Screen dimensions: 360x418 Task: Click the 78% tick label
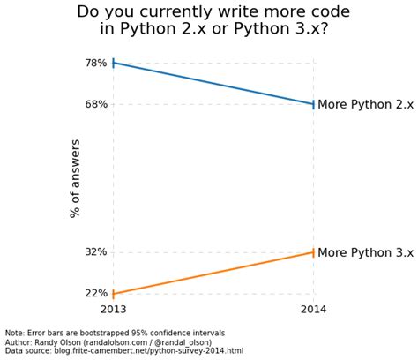(x=96, y=63)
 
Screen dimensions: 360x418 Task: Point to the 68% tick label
(x=96, y=104)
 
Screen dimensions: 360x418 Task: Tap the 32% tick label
(x=96, y=252)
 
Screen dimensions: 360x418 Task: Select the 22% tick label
(x=96, y=294)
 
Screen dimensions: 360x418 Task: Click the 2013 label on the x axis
(x=114, y=310)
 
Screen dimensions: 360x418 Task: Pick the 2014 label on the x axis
(x=314, y=310)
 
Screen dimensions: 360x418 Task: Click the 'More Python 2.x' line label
(x=365, y=104)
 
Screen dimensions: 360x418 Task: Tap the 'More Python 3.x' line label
(x=365, y=252)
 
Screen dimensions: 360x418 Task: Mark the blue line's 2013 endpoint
(x=114, y=63)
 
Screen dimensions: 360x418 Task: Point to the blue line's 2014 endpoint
(x=314, y=104)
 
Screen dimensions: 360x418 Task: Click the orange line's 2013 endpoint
(x=114, y=294)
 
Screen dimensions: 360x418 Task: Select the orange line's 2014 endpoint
(x=314, y=252)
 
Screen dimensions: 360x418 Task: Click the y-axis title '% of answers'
(x=76, y=178)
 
